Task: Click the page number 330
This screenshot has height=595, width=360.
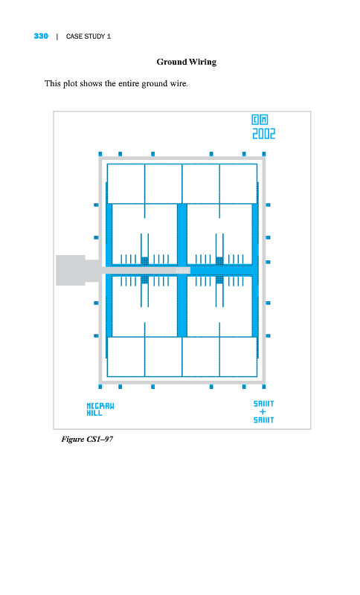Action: click(41, 36)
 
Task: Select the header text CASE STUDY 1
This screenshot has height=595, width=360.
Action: click(89, 36)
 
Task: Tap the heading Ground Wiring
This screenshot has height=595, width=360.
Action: click(187, 62)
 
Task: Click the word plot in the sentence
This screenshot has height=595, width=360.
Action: click(70, 83)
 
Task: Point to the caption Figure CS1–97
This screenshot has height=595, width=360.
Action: click(87, 440)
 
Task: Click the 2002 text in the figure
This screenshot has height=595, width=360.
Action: click(263, 134)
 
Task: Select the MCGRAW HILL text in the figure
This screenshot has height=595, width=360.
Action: click(100, 410)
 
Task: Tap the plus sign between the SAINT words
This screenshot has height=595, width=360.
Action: click(263, 412)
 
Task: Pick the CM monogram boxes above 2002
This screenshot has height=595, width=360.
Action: click(260, 120)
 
